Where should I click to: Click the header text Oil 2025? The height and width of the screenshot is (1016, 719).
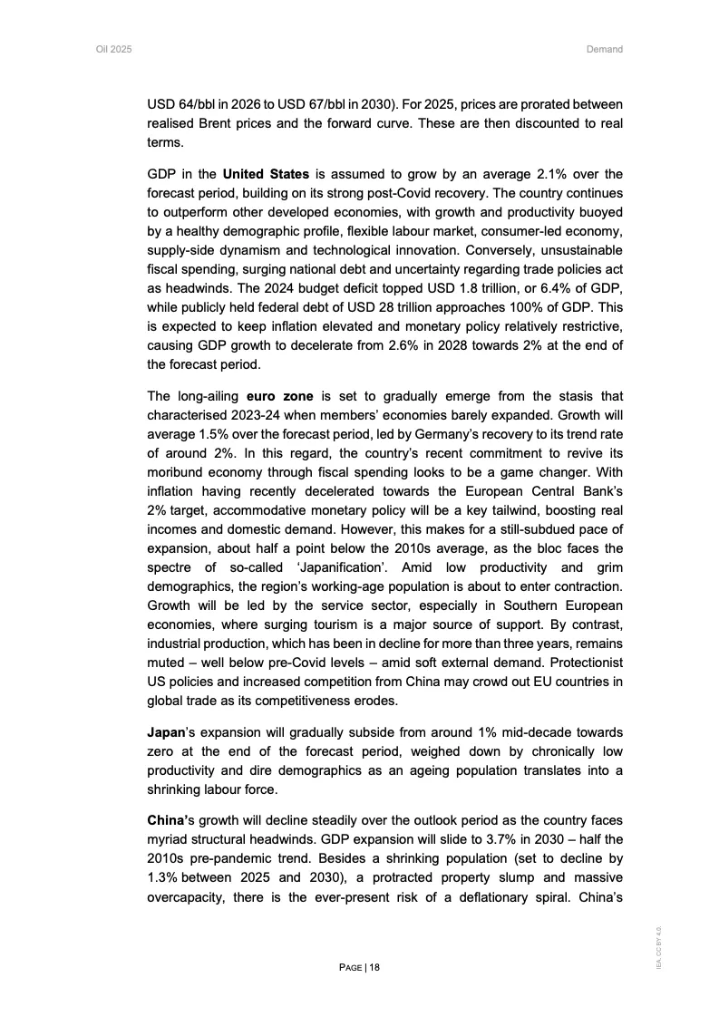(x=114, y=49)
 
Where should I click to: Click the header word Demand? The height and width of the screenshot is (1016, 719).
(x=605, y=49)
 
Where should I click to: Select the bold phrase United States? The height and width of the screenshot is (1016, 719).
(x=267, y=173)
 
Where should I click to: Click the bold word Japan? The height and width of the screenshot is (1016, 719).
(x=166, y=732)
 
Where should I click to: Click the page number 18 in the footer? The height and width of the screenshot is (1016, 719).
(x=374, y=967)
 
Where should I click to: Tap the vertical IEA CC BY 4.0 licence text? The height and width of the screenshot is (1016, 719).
(x=660, y=947)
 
